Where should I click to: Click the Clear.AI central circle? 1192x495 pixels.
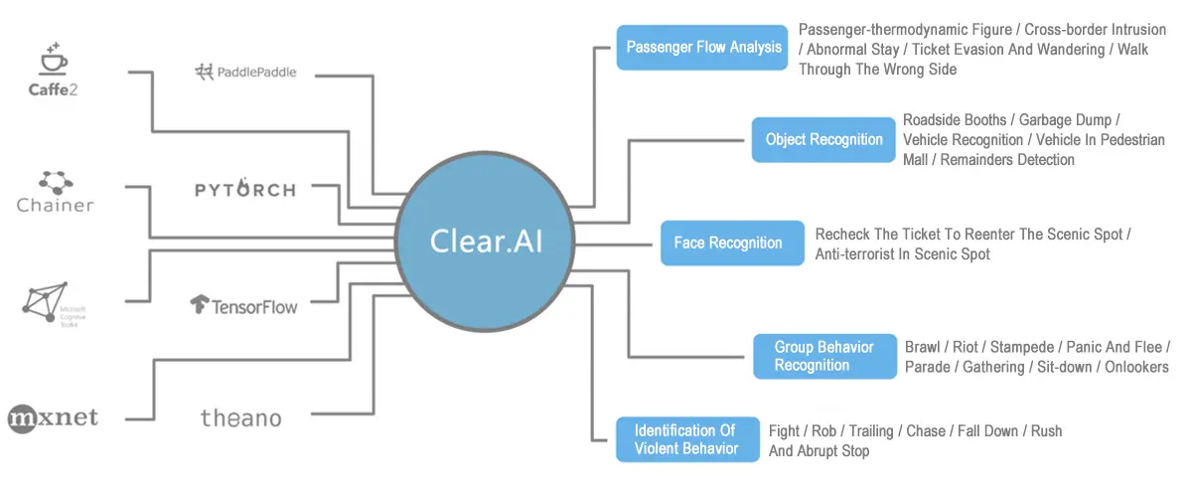tap(486, 242)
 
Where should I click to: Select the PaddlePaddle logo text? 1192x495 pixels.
tap(245, 72)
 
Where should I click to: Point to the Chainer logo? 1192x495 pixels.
tap(56, 193)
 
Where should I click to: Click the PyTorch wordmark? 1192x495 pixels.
tap(245, 189)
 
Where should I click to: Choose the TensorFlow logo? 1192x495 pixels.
tap(243, 305)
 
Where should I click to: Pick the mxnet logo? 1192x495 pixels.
tap(53, 417)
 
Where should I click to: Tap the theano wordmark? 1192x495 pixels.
tap(240, 417)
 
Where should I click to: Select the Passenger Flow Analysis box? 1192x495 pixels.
tap(704, 47)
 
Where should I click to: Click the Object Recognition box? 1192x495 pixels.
tap(824, 139)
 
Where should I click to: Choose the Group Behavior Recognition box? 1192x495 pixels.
tap(824, 356)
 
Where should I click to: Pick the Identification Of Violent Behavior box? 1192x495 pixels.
tap(685, 439)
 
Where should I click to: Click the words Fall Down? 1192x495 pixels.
tap(988, 430)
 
